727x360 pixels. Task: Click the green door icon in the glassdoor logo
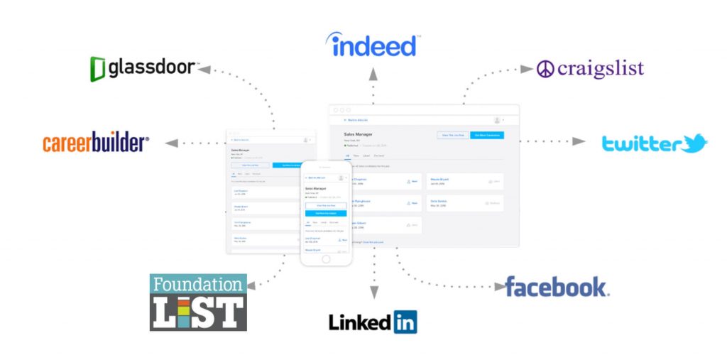[x=98, y=69]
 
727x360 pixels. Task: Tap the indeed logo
[x=372, y=45]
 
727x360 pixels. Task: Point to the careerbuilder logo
[x=96, y=143]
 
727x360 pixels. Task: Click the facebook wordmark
[x=556, y=287]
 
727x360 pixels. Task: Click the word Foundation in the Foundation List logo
[x=198, y=284]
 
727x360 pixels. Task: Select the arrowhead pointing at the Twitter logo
[x=579, y=141]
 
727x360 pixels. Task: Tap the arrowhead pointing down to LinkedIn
[x=374, y=292]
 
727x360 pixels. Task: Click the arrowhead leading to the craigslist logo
[x=526, y=69]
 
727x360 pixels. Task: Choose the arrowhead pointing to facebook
[x=498, y=287]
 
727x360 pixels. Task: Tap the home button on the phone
[x=326, y=259]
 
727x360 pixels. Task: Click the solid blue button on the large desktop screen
[x=486, y=135]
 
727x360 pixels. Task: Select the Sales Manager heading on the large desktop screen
[x=359, y=133]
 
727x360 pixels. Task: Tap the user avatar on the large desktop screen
[x=497, y=120]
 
